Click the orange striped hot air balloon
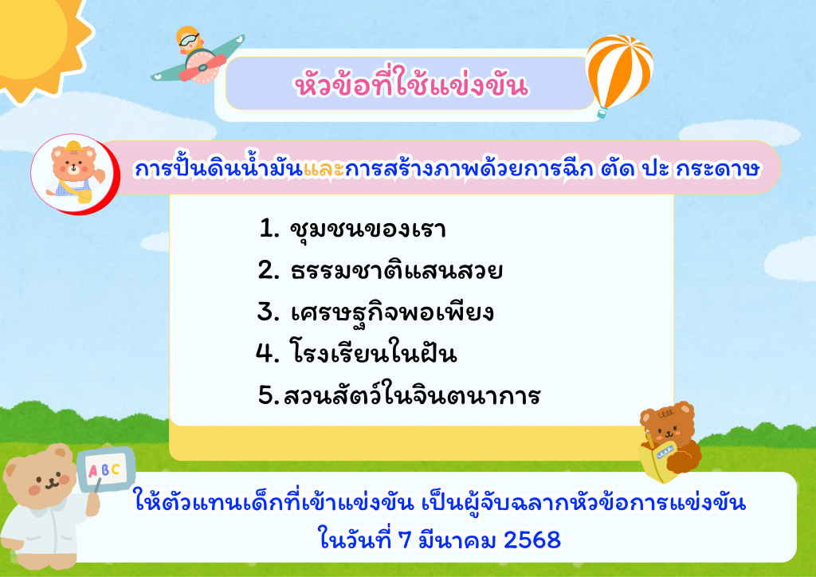(x=618, y=73)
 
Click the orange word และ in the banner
(x=324, y=169)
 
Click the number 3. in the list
(x=269, y=312)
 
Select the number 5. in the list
(x=269, y=395)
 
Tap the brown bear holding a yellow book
(x=669, y=441)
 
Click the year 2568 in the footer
(x=532, y=540)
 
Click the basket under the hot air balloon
(x=602, y=112)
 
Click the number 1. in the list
(x=269, y=229)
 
